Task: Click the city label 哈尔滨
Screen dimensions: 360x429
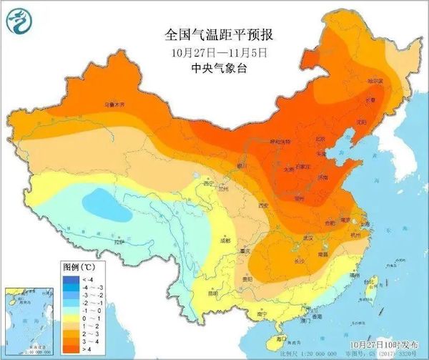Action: pos(376,81)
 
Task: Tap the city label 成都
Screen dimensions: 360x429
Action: pos(226,240)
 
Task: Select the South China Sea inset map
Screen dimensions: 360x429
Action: pos(28,321)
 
